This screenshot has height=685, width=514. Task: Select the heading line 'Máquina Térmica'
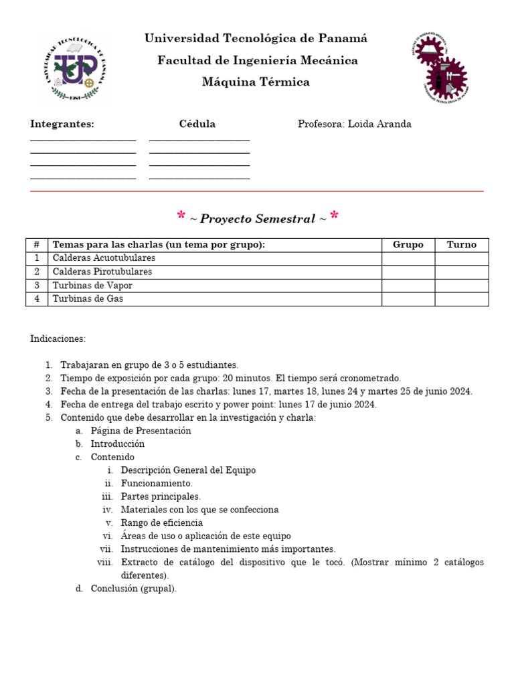click(x=256, y=82)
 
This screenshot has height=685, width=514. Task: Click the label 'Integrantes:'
click(x=62, y=124)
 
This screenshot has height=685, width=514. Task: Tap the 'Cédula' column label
click(x=197, y=124)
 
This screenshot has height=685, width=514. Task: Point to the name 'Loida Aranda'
click(x=379, y=124)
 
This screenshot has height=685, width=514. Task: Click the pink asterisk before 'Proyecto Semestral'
click(x=181, y=216)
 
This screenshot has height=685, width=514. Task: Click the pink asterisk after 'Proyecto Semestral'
click(x=334, y=216)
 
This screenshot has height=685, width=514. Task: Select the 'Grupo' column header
click(x=408, y=245)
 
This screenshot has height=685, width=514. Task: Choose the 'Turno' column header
click(x=462, y=245)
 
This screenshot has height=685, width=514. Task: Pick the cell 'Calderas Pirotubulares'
click(x=102, y=272)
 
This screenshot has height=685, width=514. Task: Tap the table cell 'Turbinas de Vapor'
click(x=92, y=286)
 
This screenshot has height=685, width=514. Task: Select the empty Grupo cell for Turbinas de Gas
click(x=408, y=299)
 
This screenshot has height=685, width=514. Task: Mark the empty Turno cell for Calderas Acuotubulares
click(x=462, y=258)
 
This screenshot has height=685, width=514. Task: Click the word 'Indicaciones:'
click(x=58, y=338)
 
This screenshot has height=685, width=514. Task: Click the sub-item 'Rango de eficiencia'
click(x=162, y=522)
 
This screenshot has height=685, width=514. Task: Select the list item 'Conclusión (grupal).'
click(x=134, y=589)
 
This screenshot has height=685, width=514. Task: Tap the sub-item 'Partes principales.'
click(x=161, y=496)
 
